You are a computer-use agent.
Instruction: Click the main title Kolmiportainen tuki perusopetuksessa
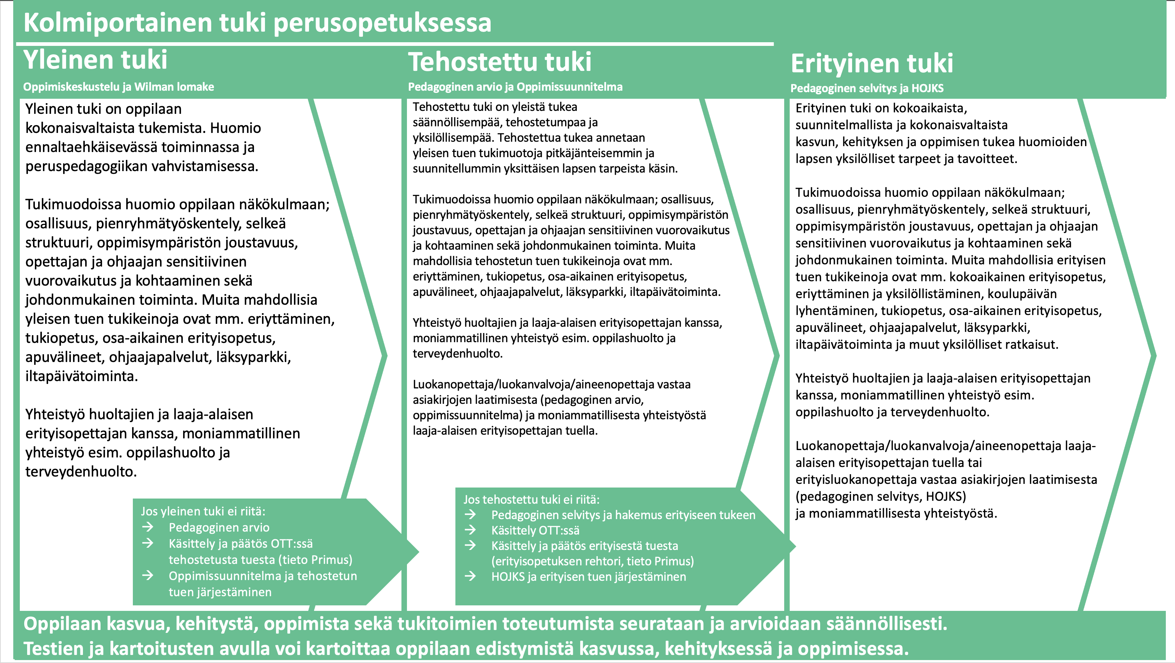(257, 23)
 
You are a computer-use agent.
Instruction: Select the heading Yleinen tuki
(95, 60)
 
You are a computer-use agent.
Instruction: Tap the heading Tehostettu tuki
(499, 62)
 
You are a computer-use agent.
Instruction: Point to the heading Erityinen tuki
(872, 64)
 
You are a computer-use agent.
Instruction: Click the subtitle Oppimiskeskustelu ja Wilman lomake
(119, 87)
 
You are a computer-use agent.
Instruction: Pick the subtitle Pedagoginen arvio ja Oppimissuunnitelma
(515, 87)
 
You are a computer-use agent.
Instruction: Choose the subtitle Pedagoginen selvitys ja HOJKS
(867, 88)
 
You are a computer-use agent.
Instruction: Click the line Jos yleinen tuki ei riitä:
(203, 511)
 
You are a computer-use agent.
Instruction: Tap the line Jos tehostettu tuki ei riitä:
(531, 499)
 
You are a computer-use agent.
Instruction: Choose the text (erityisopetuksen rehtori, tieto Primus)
(593, 561)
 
